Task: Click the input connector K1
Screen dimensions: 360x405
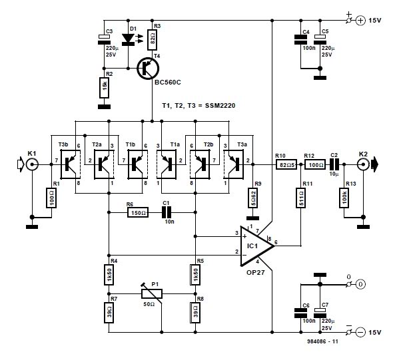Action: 31,161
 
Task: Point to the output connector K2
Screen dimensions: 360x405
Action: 364,161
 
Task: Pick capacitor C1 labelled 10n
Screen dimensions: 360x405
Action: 167,212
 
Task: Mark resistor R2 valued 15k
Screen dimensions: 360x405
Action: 103,86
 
